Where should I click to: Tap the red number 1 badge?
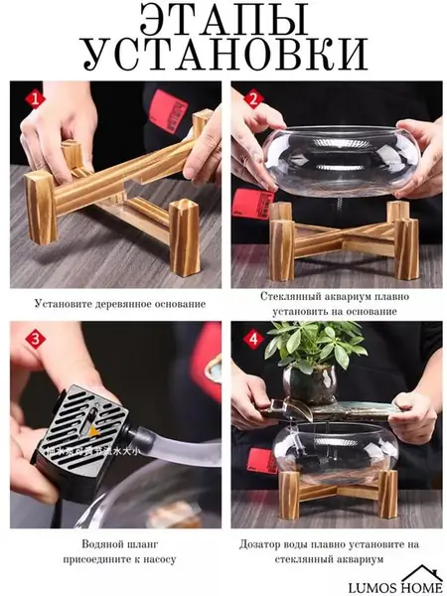tap(36, 99)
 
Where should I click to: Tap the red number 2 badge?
tap(251, 99)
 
